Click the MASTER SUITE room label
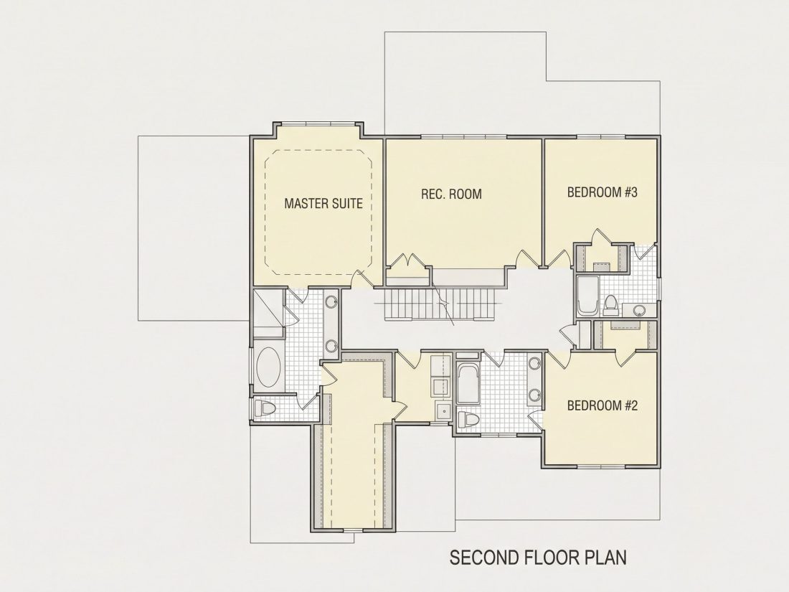click(323, 203)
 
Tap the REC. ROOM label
click(451, 194)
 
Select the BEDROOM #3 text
click(603, 192)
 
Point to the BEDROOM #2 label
click(603, 405)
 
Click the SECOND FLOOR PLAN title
click(538, 558)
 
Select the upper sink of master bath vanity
click(331, 302)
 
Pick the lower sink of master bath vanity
click(331, 346)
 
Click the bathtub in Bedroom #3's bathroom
click(587, 296)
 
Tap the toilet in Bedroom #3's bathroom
click(610, 303)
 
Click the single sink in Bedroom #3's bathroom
click(639, 310)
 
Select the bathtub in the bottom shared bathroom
click(468, 382)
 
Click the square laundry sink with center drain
click(443, 411)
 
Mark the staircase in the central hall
click(444, 304)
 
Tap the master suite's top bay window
click(318, 123)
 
